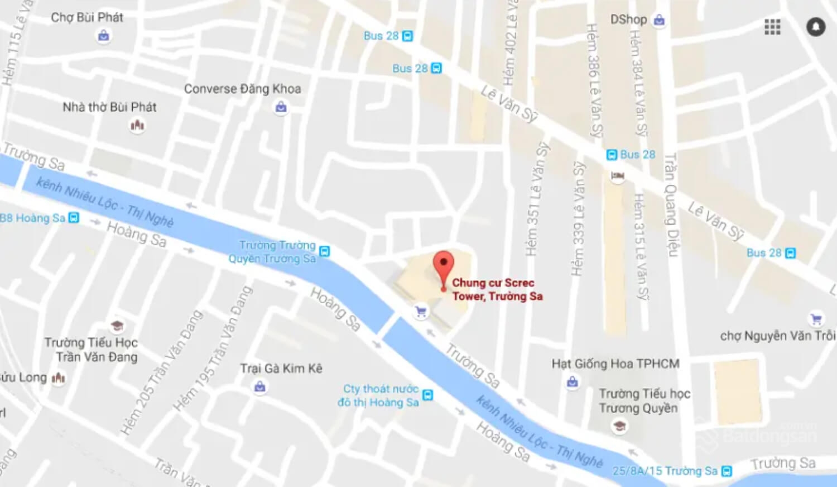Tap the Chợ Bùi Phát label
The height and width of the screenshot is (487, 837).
(x=87, y=17)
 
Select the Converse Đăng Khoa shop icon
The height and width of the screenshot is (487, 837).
(x=281, y=107)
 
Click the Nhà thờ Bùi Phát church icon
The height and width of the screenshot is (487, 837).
(x=137, y=125)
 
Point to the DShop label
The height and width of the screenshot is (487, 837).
(x=628, y=20)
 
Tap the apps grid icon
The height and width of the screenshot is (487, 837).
(x=772, y=27)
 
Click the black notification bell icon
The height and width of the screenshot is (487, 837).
(x=815, y=27)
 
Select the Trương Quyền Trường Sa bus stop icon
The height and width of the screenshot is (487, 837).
(x=324, y=251)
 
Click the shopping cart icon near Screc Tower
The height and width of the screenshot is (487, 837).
(x=421, y=312)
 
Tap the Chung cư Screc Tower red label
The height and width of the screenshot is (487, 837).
(x=497, y=289)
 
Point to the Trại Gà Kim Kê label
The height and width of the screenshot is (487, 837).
(x=281, y=368)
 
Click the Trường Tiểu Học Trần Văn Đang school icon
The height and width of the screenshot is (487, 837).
(x=117, y=326)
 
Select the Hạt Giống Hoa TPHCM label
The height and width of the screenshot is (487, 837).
(x=615, y=364)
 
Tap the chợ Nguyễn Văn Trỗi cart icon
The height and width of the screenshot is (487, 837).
(x=816, y=319)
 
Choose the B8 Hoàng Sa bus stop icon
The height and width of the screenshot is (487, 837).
(x=74, y=218)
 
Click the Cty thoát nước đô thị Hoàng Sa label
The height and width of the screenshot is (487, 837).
(x=379, y=395)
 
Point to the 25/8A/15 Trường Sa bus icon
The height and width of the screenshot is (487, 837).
(x=727, y=471)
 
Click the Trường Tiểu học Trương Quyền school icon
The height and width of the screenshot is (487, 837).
(x=619, y=426)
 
